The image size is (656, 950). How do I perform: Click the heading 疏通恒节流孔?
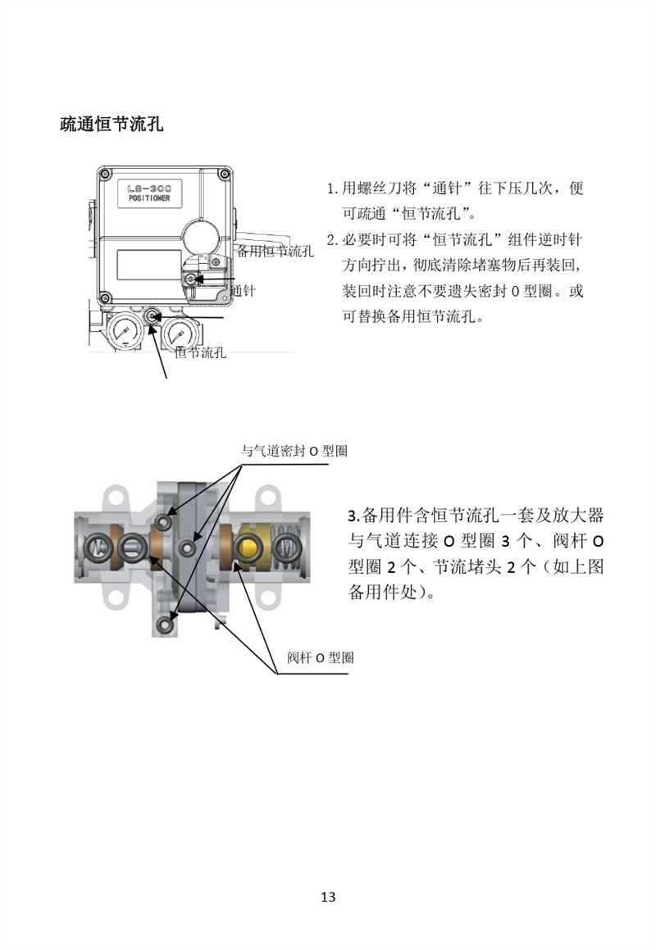(112, 125)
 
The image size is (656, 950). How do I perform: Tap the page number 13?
(328, 897)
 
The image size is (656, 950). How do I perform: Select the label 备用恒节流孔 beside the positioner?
(275, 251)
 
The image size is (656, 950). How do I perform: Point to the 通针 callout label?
(243, 291)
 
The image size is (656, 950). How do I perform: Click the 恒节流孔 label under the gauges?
(200, 352)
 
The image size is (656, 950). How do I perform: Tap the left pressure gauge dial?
(125, 331)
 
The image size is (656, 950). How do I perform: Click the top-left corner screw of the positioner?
(106, 175)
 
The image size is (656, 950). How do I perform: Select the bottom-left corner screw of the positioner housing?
(106, 298)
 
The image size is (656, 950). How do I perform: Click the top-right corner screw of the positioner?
(225, 175)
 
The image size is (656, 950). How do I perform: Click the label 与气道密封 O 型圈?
(294, 451)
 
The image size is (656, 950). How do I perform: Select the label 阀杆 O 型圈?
(320, 657)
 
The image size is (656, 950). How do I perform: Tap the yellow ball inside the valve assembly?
(248, 548)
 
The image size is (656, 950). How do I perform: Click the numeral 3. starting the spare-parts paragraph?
(353, 516)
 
